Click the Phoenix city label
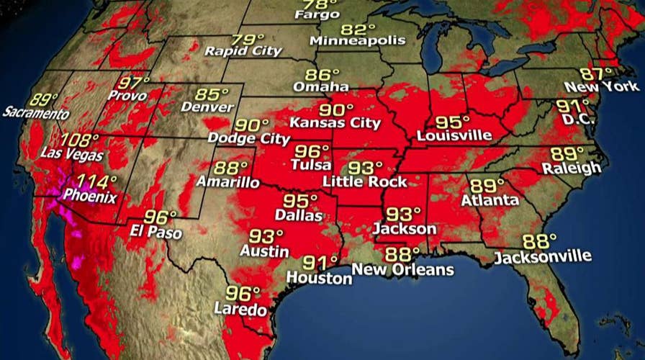click(91, 195)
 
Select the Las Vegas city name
click(73, 155)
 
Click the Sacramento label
click(36, 114)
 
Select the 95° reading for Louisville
click(453, 121)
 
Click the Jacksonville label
click(543, 256)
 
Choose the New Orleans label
click(403, 269)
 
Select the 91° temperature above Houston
click(320, 262)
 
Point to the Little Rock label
click(365, 181)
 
